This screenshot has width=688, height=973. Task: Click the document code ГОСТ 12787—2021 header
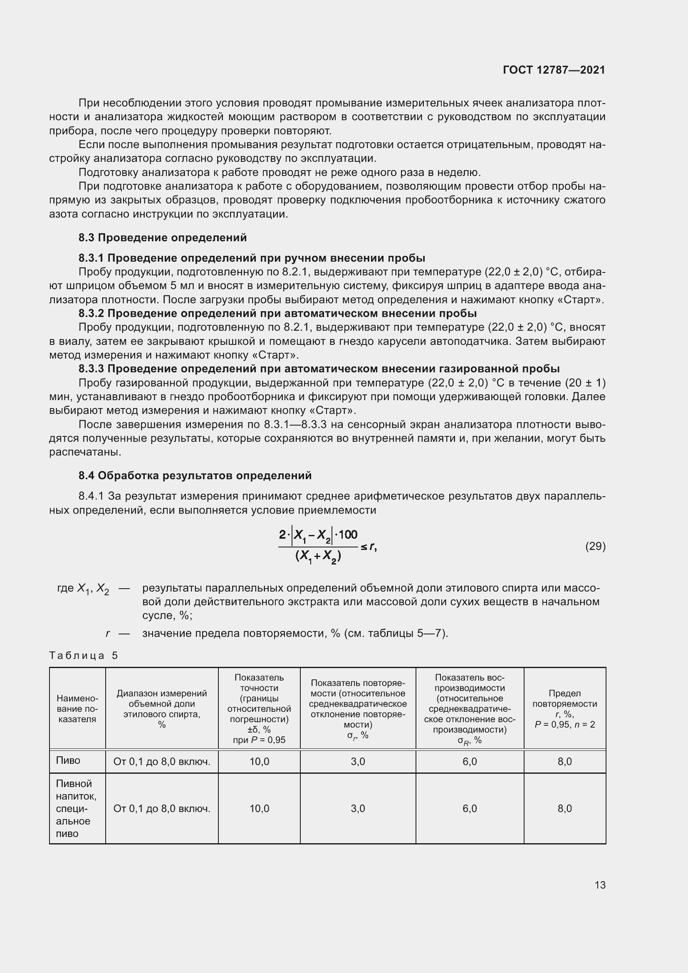pyautogui.click(x=554, y=70)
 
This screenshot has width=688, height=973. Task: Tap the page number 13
pyautogui.click(x=600, y=885)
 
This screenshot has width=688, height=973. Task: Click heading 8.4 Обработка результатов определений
pyautogui.click(x=195, y=475)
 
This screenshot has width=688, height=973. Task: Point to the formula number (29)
pyautogui.click(x=595, y=546)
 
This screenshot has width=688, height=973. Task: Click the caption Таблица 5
pyautogui.click(x=84, y=656)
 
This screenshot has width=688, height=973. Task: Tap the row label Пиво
pyautogui.click(x=68, y=760)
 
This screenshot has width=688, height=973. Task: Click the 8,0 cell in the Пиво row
pyautogui.click(x=564, y=762)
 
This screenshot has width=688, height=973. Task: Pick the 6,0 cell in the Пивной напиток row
pyautogui.click(x=469, y=808)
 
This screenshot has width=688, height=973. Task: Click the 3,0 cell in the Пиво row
pyautogui.click(x=358, y=762)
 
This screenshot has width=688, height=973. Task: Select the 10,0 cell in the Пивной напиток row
pyautogui.click(x=259, y=808)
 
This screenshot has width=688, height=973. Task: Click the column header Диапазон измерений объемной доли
pyautogui.click(x=161, y=708)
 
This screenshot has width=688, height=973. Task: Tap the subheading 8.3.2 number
pyautogui.click(x=91, y=314)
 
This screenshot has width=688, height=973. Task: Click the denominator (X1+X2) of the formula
pyautogui.click(x=318, y=556)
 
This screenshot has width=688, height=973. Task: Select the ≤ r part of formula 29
pyautogui.click(x=368, y=547)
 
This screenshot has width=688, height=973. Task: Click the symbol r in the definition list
pyautogui.click(x=108, y=634)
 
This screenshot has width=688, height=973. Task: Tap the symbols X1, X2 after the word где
pyautogui.click(x=93, y=589)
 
